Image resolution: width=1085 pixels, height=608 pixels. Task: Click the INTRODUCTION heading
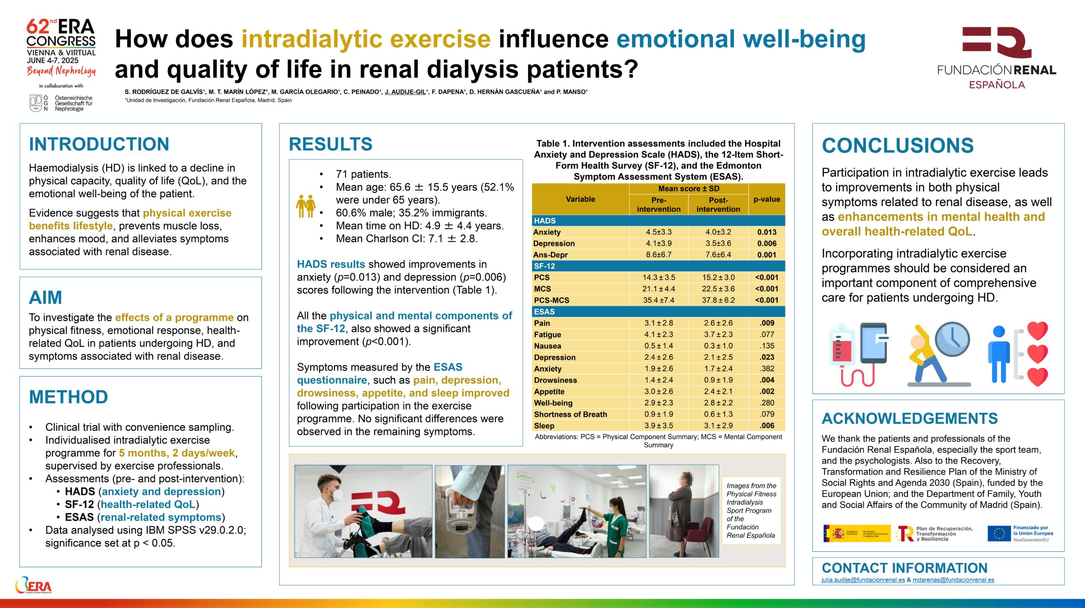coord(99,144)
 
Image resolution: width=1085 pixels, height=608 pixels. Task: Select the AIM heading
coord(45,297)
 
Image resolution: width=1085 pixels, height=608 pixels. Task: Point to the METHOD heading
coord(68,397)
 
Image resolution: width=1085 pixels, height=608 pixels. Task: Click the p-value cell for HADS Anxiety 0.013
coord(767,232)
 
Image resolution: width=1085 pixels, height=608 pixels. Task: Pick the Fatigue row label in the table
coord(547,335)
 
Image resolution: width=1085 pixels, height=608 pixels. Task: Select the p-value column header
coord(767,199)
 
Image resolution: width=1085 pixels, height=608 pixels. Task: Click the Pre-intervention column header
coord(659,204)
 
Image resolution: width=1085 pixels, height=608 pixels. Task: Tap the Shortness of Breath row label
coord(570,414)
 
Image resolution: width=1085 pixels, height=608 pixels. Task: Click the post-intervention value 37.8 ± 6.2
coord(718,300)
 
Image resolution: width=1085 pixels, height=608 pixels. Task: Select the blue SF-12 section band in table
coord(658,266)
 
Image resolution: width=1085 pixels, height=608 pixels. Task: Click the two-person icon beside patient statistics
coord(306,206)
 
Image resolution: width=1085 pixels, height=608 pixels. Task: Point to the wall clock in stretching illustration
coord(952,339)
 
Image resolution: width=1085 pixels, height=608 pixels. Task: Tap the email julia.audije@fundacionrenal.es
coord(863,580)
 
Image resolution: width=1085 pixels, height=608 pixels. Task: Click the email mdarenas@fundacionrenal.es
coord(953,580)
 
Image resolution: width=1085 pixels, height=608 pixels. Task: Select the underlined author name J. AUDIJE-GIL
coord(405,92)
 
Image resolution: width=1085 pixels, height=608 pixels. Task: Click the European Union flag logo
coord(999,533)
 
